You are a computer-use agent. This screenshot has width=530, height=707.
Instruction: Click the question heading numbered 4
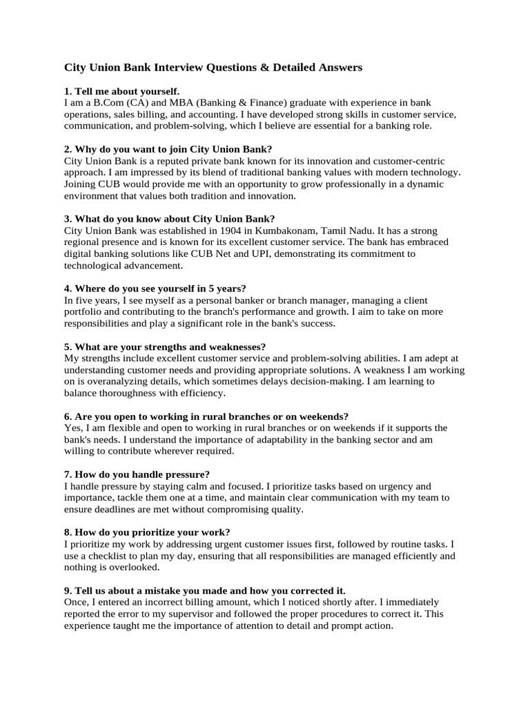click(x=155, y=289)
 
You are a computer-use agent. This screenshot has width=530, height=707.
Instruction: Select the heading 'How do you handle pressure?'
click(x=137, y=474)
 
